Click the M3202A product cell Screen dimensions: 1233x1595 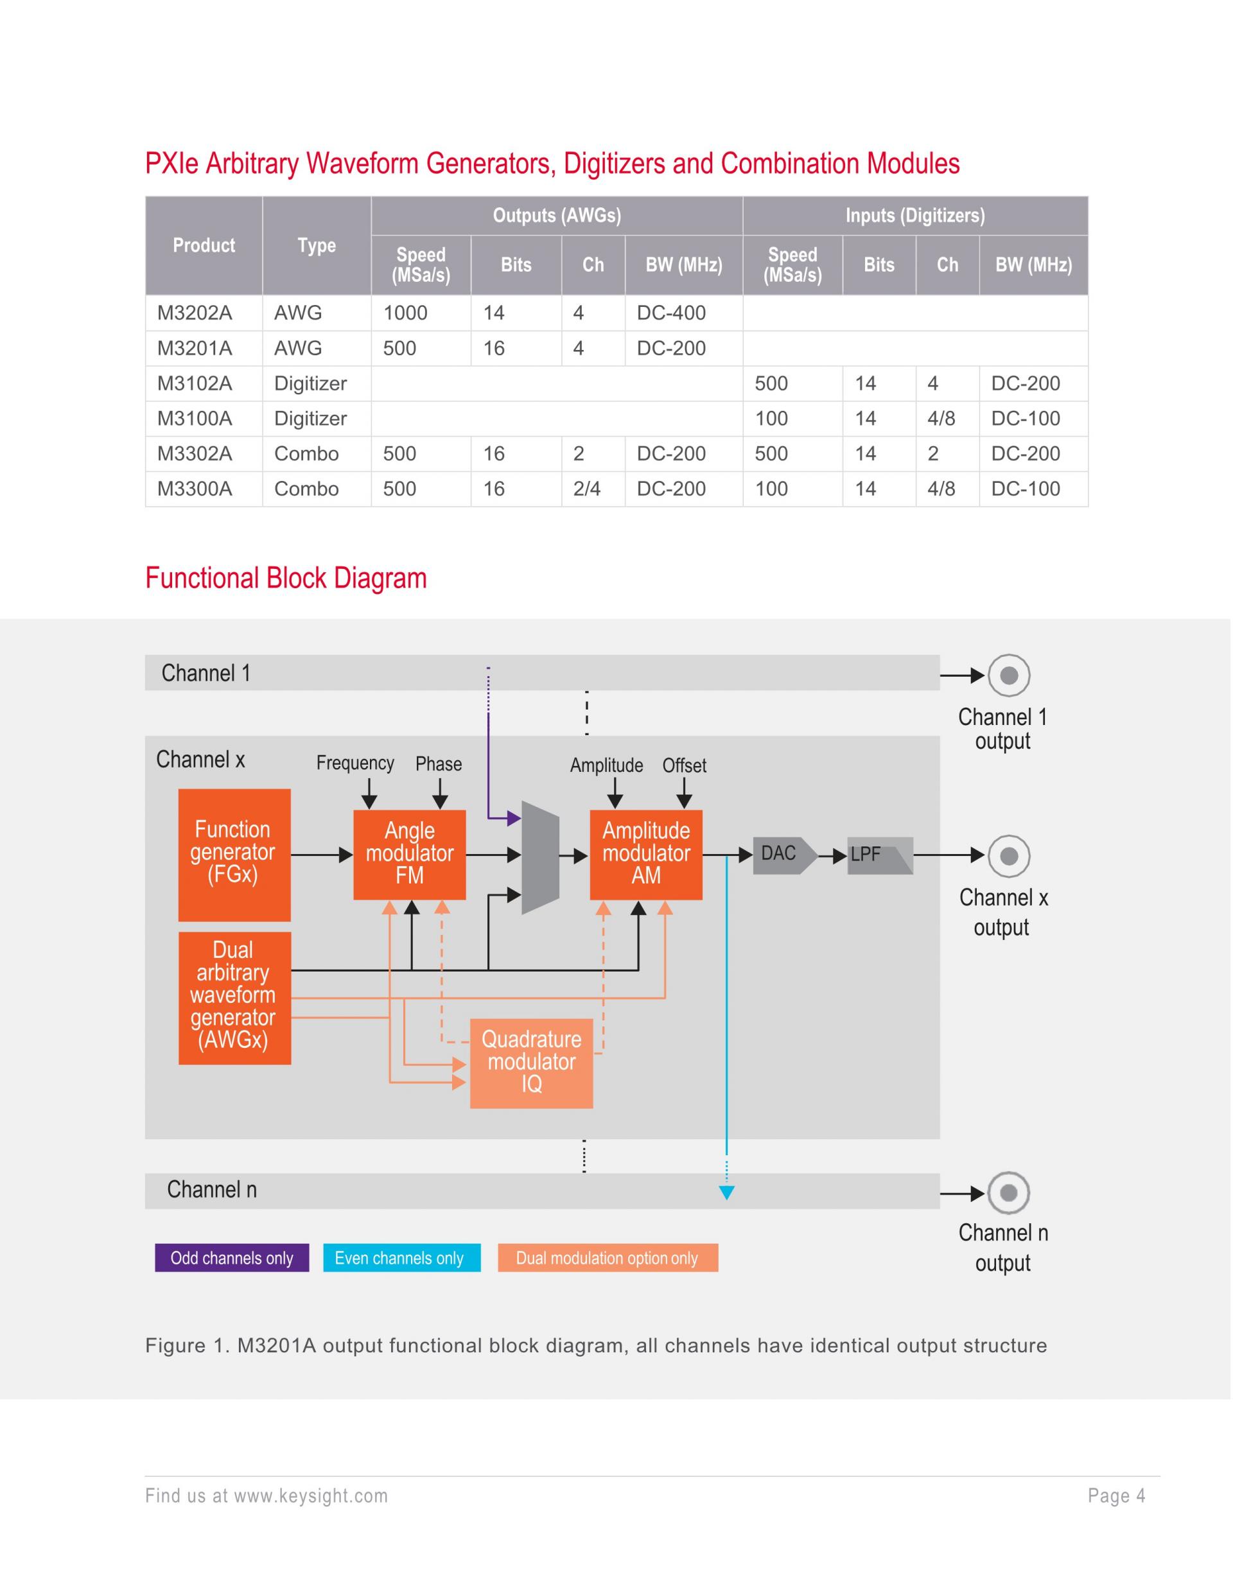pyautogui.click(x=195, y=313)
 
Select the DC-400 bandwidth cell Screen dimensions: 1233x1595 pyautogui.click(x=670, y=313)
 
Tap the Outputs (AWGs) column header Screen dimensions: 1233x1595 pyautogui.click(x=557, y=216)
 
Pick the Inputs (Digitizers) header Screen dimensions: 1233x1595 pyautogui.click(x=914, y=216)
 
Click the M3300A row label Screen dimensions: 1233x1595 pyautogui.click(x=195, y=489)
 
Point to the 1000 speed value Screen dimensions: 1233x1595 pyautogui.click(x=405, y=313)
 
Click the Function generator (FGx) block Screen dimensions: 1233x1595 pyautogui.click(x=234, y=855)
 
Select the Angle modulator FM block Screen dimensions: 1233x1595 pyautogui.click(x=409, y=855)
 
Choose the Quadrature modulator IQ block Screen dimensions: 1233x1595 pyautogui.click(x=531, y=1063)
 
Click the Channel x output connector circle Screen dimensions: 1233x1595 pyautogui.click(x=1009, y=855)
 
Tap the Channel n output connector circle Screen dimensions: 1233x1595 pyautogui.click(x=1009, y=1193)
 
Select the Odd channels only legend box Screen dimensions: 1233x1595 pyautogui.click(x=232, y=1258)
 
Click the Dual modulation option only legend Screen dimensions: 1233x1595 pyautogui.click(x=607, y=1258)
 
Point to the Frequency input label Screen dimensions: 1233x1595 pyautogui.click(x=355, y=763)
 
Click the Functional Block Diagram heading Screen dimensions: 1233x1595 pyautogui.click(x=286, y=578)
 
